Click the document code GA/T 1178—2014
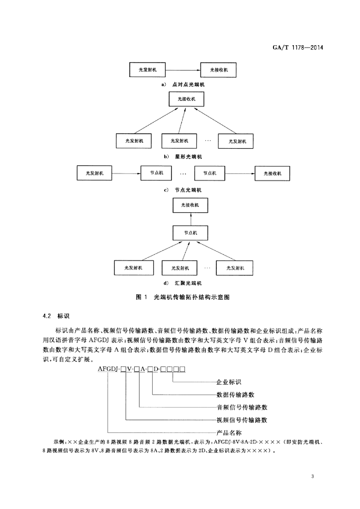[x=298, y=48]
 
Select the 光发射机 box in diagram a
[x=147, y=70]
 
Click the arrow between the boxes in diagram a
[x=183, y=70]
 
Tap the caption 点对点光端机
[x=188, y=85]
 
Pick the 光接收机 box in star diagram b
[x=186, y=99]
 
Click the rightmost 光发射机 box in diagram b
[x=236, y=141]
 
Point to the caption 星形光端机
[x=188, y=157]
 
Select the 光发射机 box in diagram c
[x=94, y=173]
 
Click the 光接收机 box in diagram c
[x=272, y=173]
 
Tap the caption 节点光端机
[x=188, y=190]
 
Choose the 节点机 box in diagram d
[x=190, y=233]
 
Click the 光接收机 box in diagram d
[x=190, y=205]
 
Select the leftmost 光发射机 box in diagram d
[x=133, y=268]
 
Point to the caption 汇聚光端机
[x=188, y=283]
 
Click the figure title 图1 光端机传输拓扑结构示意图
[x=183, y=297]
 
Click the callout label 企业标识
[x=229, y=382]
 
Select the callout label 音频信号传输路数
[x=242, y=408]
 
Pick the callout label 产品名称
[x=229, y=433]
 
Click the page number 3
[x=313, y=477]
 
